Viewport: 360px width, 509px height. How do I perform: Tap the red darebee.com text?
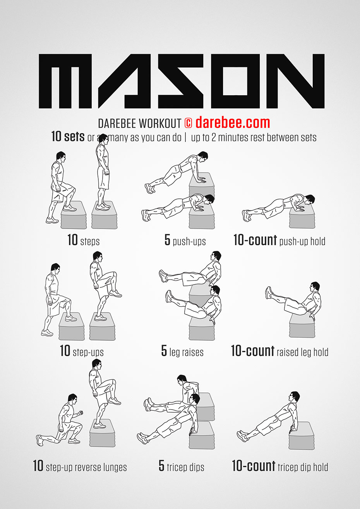(233, 123)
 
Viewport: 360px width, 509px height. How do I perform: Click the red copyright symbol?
(188, 123)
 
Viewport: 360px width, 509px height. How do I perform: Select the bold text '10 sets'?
(68, 137)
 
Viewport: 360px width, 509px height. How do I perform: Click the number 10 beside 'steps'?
(72, 240)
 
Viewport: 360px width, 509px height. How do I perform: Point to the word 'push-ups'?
(189, 242)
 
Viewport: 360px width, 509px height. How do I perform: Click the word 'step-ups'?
(88, 352)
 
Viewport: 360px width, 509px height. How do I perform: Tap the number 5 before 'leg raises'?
(164, 351)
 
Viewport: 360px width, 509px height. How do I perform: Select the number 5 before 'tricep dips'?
(161, 466)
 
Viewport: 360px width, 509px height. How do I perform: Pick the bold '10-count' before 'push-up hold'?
(255, 241)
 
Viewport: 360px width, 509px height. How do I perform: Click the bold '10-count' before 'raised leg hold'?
(252, 351)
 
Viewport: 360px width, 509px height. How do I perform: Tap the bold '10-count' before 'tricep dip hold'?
(254, 466)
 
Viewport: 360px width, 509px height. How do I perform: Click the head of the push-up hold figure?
(309, 200)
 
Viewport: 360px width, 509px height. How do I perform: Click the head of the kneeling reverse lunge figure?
(72, 399)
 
